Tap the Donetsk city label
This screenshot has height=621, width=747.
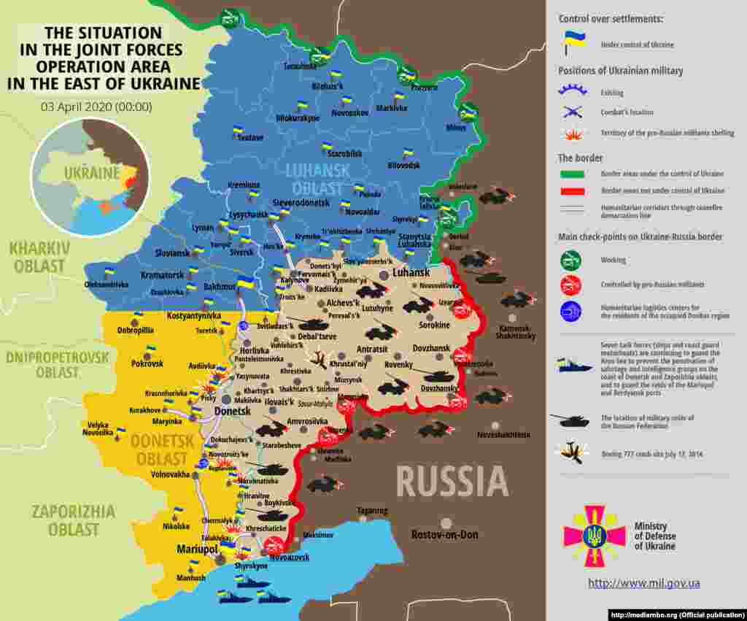pyautogui.click(x=233, y=412)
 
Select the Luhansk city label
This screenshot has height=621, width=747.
pyautogui.click(x=411, y=272)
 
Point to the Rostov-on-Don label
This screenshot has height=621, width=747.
pyautogui.click(x=445, y=534)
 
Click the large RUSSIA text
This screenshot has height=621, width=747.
pyautogui.click(x=452, y=482)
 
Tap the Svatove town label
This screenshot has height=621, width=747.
pyautogui.click(x=249, y=137)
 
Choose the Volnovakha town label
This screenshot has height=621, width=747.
pyautogui.click(x=170, y=474)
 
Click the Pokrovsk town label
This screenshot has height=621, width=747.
pyautogui.click(x=147, y=363)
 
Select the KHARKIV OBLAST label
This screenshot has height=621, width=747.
pyautogui.click(x=39, y=257)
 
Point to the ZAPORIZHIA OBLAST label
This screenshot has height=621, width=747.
pyautogui.click(x=73, y=520)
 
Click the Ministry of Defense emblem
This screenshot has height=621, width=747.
pyautogui.click(x=594, y=536)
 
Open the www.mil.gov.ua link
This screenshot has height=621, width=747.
pyautogui.click(x=644, y=583)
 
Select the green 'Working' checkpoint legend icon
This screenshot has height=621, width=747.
pyautogui.click(x=570, y=259)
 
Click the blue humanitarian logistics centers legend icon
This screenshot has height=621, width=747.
pyautogui.click(x=570, y=312)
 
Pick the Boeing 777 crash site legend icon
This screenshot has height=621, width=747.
pyautogui.click(x=570, y=452)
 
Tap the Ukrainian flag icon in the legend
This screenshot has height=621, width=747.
pyautogui.click(x=570, y=42)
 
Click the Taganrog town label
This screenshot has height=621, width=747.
pyautogui.click(x=372, y=510)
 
